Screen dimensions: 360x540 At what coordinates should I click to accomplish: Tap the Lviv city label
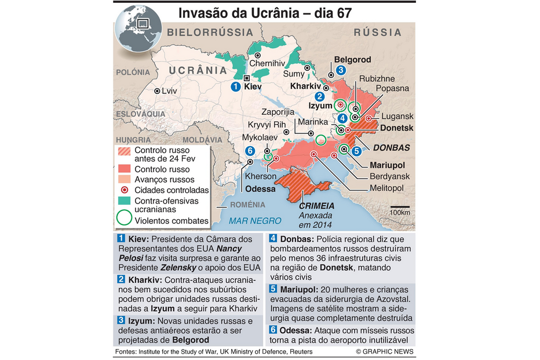[x=169, y=91]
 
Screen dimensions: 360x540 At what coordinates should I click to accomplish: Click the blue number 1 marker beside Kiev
[x=235, y=86]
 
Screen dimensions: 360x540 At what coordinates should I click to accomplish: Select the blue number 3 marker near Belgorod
[x=341, y=70]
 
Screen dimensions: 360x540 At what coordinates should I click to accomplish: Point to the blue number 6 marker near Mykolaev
[x=250, y=151]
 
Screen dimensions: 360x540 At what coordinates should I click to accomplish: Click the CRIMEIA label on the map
[x=317, y=205]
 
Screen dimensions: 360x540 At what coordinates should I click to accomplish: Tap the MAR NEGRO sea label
[x=255, y=220]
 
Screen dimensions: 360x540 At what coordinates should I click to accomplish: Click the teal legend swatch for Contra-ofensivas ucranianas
[x=124, y=201]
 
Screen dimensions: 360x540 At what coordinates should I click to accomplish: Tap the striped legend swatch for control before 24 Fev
[x=124, y=151]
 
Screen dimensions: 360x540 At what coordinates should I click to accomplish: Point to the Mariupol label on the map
[x=386, y=165]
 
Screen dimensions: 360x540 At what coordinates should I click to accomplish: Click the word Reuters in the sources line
[x=299, y=352]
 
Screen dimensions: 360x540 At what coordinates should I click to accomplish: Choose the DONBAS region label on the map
[x=391, y=148]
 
